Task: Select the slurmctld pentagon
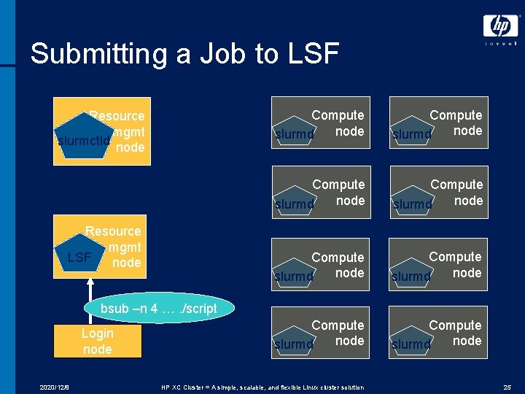(x=82, y=139)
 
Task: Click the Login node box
(x=97, y=341)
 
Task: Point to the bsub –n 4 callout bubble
(x=158, y=309)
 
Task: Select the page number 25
(x=507, y=387)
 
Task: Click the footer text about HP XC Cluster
(x=262, y=387)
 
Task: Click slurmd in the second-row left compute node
(x=295, y=204)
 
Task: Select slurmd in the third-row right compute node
(x=412, y=277)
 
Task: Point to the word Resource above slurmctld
(x=117, y=116)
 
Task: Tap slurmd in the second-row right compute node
(x=412, y=204)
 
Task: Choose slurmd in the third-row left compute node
(x=295, y=277)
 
